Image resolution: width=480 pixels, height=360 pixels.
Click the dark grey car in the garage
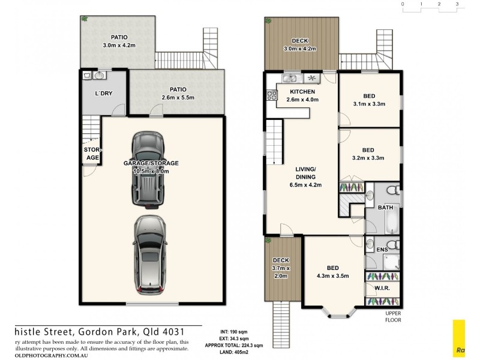click(148, 169)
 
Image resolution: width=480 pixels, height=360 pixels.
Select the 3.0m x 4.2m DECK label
click(300, 49)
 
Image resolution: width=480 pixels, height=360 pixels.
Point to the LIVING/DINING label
click(309, 173)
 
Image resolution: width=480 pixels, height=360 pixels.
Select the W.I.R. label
click(382, 288)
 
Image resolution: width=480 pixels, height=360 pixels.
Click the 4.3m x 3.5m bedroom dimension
click(333, 276)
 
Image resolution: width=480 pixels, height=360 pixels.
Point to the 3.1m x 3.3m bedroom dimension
click(369, 104)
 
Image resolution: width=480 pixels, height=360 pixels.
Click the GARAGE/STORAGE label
click(151, 163)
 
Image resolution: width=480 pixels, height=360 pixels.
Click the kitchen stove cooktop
click(270, 94)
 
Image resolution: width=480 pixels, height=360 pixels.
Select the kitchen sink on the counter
click(289, 78)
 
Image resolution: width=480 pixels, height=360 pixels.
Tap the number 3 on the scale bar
click(457, 4)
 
